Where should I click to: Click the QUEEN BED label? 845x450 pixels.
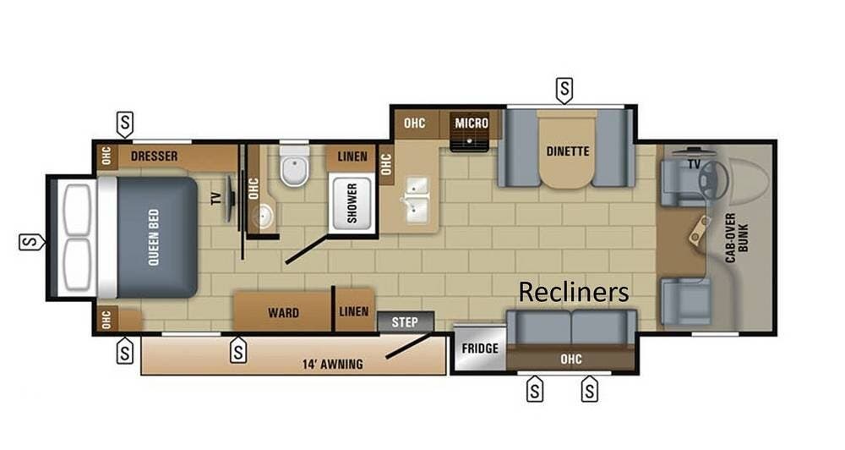click(x=154, y=237)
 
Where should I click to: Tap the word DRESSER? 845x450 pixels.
click(x=154, y=156)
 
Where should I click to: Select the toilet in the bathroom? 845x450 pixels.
click(x=293, y=167)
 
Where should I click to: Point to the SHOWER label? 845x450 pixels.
click(x=352, y=202)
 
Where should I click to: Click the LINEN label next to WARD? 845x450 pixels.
click(x=354, y=311)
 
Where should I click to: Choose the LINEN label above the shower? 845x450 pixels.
click(x=352, y=156)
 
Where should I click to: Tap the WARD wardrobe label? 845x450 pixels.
click(x=283, y=312)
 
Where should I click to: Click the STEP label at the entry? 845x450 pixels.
click(x=406, y=321)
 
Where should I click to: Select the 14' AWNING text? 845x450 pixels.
click(x=332, y=365)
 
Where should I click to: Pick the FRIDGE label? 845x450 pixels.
click(x=479, y=348)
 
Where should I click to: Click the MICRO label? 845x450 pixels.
click(x=472, y=123)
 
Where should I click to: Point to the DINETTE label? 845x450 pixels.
click(x=567, y=151)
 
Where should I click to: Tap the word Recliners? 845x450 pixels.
click(x=574, y=292)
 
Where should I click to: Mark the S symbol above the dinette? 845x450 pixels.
click(x=564, y=87)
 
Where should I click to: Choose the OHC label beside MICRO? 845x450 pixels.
click(x=414, y=123)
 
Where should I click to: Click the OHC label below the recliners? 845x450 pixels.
click(x=571, y=359)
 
